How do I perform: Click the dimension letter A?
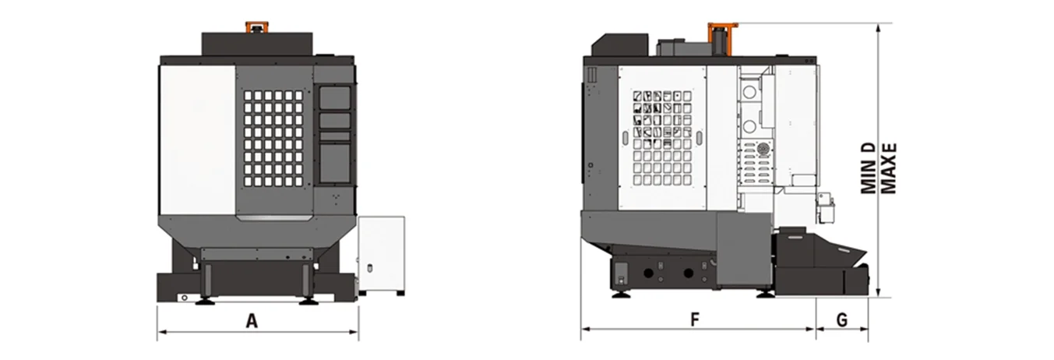(x=251, y=319)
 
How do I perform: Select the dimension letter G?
(x=841, y=319)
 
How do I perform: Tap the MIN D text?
(x=869, y=167)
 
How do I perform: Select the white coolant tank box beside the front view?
(x=382, y=253)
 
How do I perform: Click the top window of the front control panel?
(x=335, y=97)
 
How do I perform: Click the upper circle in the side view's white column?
(x=749, y=93)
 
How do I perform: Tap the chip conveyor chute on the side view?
(x=822, y=250)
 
